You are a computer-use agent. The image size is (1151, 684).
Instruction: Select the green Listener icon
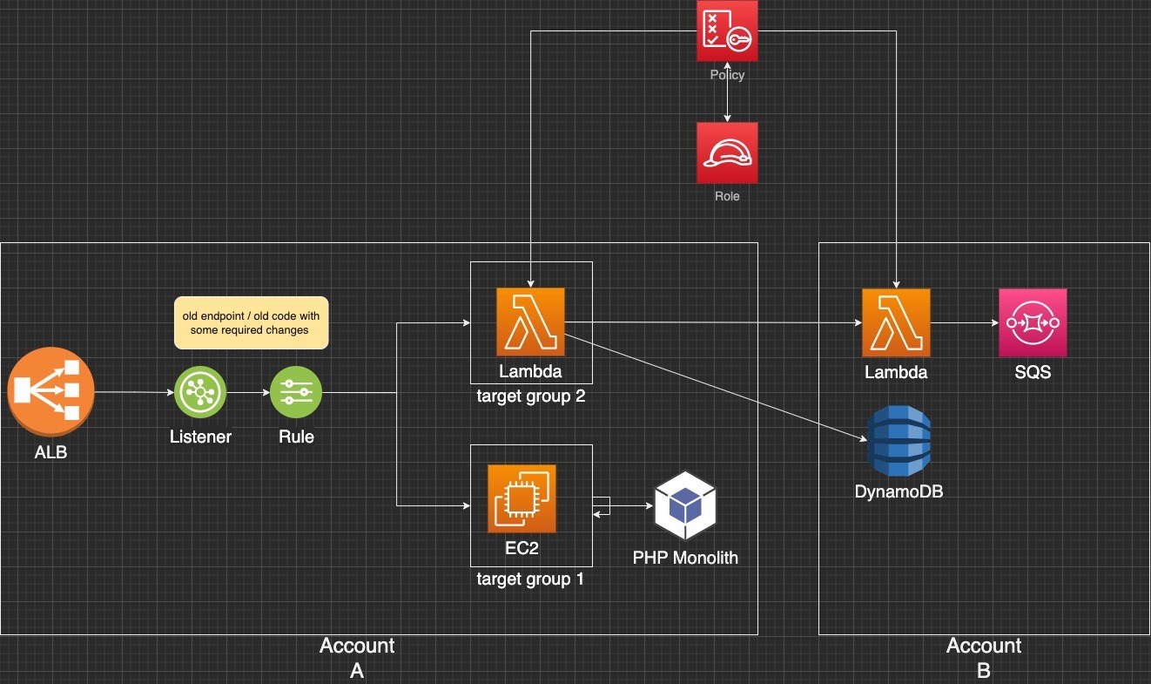(200, 392)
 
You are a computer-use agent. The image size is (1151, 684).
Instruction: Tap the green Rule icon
(296, 392)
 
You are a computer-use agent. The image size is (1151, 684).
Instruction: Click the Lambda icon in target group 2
(530, 322)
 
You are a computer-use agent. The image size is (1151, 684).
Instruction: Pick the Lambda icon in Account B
(896, 322)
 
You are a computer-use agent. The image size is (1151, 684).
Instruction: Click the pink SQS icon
(1033, 322)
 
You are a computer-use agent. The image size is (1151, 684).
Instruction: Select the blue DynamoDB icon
(899, 442)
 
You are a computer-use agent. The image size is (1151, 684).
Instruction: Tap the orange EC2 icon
(522, 498)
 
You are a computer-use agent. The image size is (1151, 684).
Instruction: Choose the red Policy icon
(727, 31)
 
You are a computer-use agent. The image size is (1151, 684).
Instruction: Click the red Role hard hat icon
(727, 152)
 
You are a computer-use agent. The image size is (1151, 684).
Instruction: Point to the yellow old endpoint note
(251, 322)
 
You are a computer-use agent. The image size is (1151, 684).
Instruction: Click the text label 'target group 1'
(530, 579)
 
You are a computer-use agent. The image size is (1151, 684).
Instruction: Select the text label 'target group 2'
(530, 396)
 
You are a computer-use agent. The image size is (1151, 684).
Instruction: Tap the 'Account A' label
(357, 657)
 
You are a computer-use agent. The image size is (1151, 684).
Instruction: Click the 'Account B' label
(984, 657)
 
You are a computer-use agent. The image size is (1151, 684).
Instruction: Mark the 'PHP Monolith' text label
(685, 557)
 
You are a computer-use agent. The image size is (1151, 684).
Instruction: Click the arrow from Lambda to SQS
(964, 322)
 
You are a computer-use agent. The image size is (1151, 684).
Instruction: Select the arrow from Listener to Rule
(248, 392)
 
